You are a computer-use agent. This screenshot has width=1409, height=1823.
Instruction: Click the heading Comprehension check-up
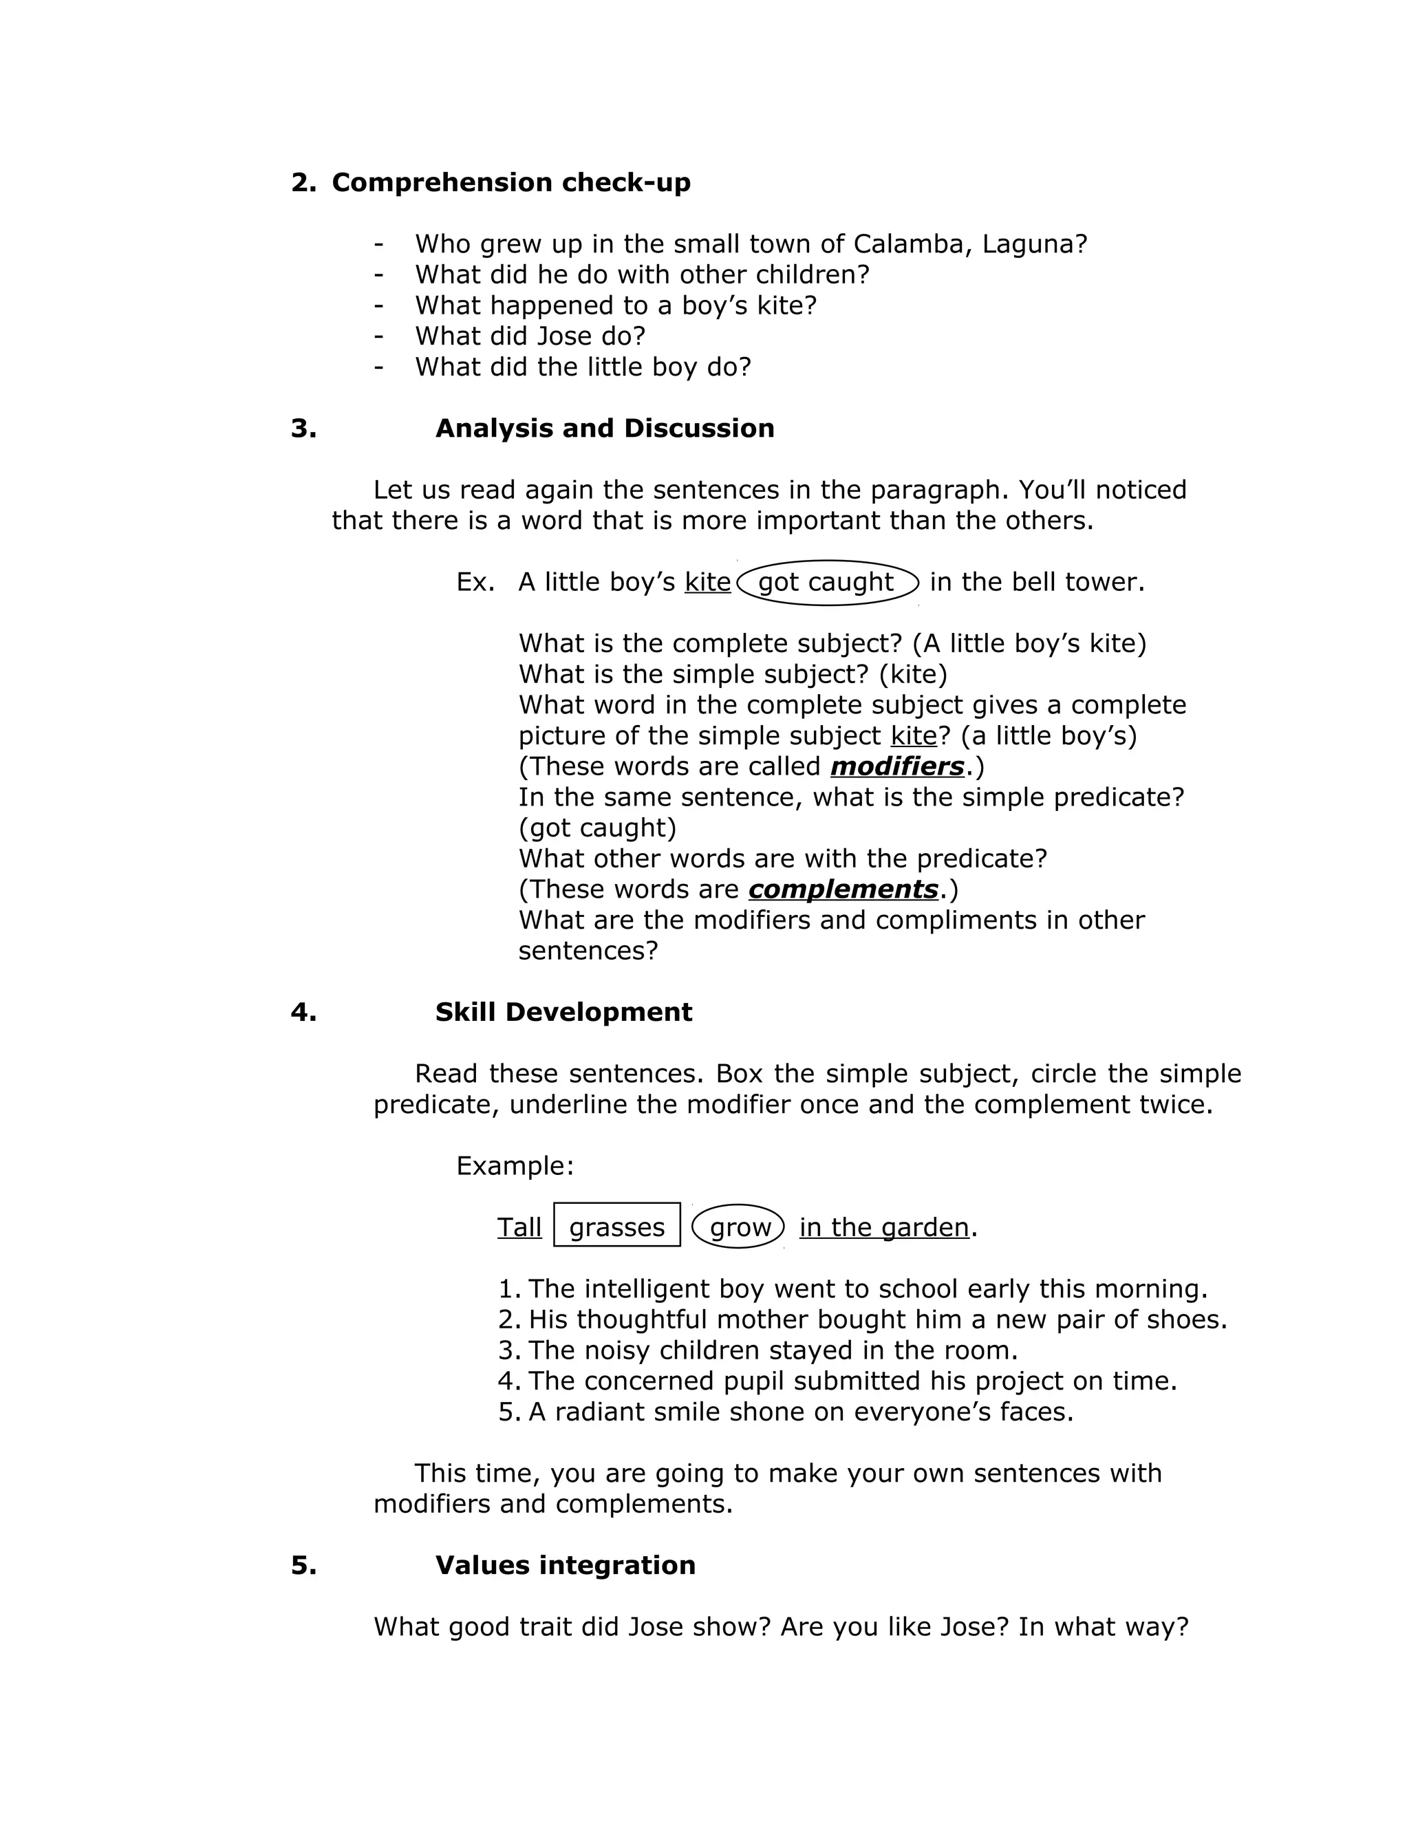[x=511, y=183]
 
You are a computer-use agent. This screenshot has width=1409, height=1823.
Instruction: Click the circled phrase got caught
[x=826, y=582]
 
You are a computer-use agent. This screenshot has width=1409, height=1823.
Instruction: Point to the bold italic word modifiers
[x=897, y=766]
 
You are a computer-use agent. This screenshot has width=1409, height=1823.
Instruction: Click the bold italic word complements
[x=843, y=889]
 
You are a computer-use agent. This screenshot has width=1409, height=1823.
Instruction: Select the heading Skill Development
[x=563, y=1012]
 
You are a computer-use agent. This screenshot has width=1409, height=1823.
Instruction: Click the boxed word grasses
[x=617, y=1227]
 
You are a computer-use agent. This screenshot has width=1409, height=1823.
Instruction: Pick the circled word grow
[x=740, y=1227]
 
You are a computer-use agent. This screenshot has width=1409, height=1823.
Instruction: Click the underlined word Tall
[x=519, y=1227]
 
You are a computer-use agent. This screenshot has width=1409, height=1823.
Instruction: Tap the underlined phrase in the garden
[x=884, y=1227]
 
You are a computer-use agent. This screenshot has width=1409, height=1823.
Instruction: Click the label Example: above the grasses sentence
[x=515, y=1165]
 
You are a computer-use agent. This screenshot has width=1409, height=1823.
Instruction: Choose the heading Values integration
[x=565, y=1565]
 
